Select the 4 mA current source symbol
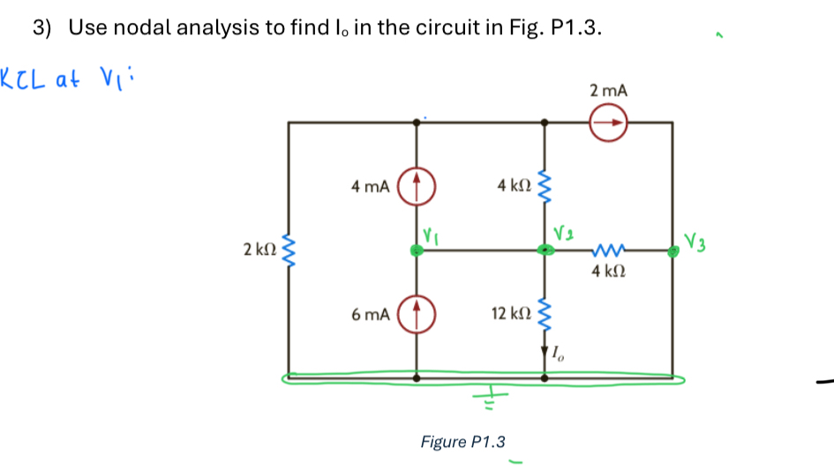click(x=417, y=187)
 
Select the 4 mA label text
click(x=370, y=187)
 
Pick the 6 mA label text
click(x=370, y=315)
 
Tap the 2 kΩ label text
click(x=258, y=251)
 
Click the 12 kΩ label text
click(x=511, y=314)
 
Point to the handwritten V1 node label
click(x=430, y=235)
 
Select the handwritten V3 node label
click(x=696, y=239)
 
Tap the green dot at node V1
click(x=417, y=251)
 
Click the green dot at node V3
click(x=672, y=251)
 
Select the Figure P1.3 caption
click(x=462, y=441)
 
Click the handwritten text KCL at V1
click(x=65, y=78)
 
